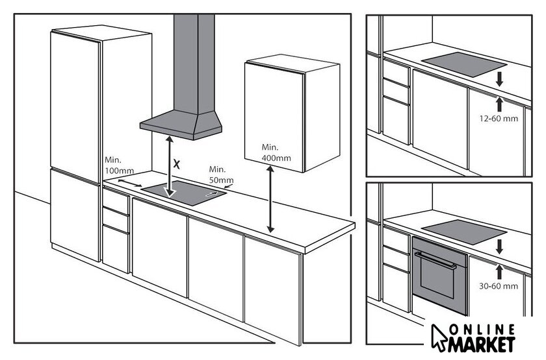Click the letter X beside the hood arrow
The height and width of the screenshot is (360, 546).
[177, 164]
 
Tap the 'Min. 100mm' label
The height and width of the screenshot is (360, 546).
[119, 165]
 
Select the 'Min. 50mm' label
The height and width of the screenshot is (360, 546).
[221, 174]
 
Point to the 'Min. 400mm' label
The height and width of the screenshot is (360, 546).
[276, 152]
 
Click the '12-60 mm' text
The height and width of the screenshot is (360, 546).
[499, 119]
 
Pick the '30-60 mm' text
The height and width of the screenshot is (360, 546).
[499, 286]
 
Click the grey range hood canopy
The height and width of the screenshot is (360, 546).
[181, 125]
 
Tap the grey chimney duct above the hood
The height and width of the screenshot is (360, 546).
[194, 64]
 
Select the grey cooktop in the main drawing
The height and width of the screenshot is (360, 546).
[184, 193]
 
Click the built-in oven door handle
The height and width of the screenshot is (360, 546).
[435, 260]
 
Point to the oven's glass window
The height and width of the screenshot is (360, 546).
[437, 277]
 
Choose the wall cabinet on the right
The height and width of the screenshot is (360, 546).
[292, 114]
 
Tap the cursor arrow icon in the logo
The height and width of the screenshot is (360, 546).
[438, 337]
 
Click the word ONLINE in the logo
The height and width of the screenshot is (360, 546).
[482, 329]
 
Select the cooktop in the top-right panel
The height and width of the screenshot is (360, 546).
[464, 64]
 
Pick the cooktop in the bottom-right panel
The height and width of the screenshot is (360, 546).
[464, 232]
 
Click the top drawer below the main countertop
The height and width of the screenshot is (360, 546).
[116, 201]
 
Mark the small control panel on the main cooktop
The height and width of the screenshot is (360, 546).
[213, 194]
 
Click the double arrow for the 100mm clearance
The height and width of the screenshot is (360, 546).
[130, 183]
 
